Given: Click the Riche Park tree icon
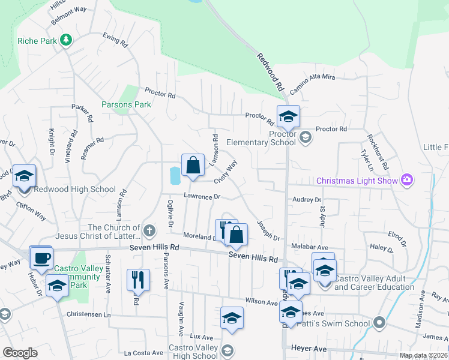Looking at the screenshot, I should [65, 41].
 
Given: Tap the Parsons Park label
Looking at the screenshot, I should [126, 104].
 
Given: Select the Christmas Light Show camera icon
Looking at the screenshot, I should [408, 180].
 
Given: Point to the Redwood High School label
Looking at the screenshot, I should [75, 190].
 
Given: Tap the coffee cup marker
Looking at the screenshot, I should [41, 257].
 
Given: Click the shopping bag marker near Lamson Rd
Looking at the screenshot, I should [193, 165].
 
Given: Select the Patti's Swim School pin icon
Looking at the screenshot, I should [379, 323].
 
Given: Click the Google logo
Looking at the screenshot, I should [20, 353].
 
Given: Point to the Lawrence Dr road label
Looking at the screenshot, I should [202, 196].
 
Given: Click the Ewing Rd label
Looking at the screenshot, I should [116, 40].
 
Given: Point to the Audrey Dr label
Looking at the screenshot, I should [307, 200].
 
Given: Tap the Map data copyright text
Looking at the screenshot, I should [423, 355].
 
